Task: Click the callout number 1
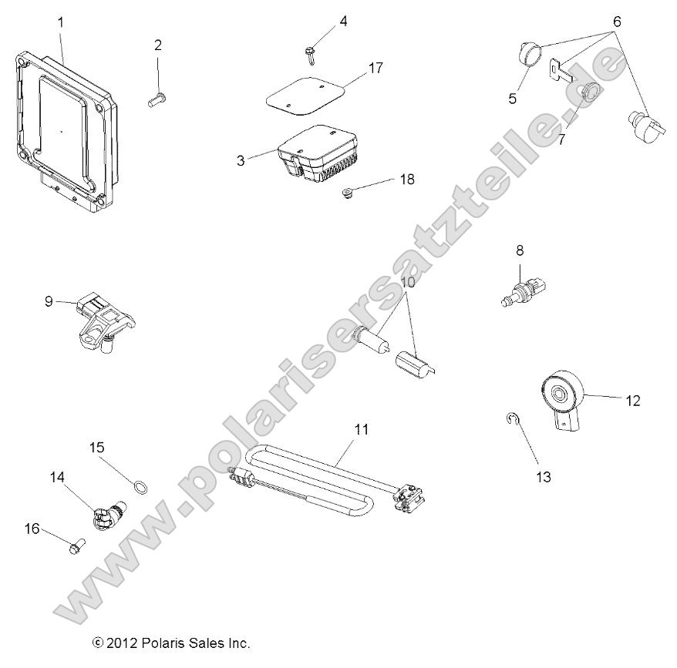pyautogui.click(x=61, y=22)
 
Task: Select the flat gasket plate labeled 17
pyautogui.click(x=314, y=94)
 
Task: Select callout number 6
pyautogui.click(x=616, y=21)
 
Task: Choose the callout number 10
pyautogui.click(x=408, y=282)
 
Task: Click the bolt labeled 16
pyautogui.click(x=75, y=546)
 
